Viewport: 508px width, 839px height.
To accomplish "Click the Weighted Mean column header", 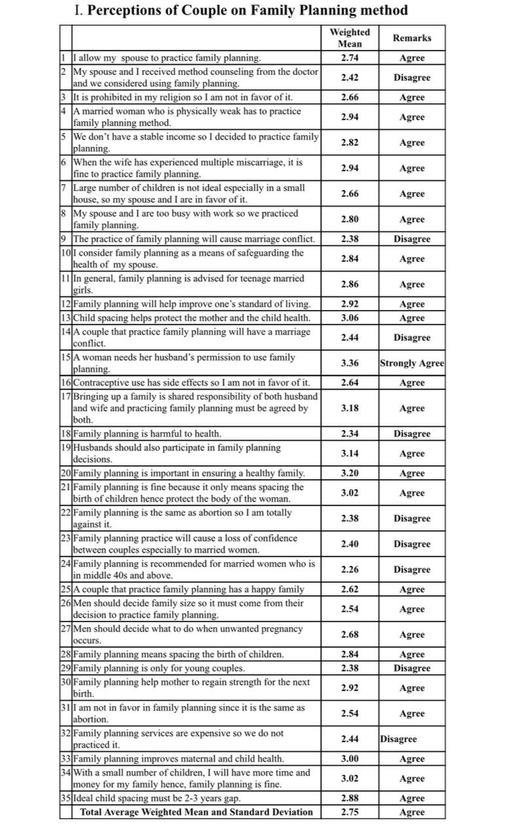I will click(350, 38).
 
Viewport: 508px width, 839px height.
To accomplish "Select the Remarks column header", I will click(412, 38).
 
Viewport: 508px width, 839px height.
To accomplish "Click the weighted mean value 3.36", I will click(350, 363).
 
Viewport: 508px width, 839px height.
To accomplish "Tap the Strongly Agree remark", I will click(412, 363).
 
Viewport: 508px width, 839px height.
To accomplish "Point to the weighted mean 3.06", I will click(350, 318).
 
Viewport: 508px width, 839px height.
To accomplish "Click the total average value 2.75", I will click(350, 812).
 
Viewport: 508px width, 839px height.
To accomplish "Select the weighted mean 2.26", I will click(350, 570).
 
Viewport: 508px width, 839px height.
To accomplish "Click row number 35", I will click(65, 798).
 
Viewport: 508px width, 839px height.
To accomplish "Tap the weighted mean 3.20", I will click(350, 473).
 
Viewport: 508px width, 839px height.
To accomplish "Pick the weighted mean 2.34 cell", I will click(350, 434).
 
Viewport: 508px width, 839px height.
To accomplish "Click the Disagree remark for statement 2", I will click(412, 77).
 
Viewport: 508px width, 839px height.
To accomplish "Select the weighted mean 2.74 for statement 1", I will click(350, 58).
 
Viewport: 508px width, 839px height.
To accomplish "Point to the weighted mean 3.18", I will click(350, 408).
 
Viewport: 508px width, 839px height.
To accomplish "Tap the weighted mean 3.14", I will click(350, 454).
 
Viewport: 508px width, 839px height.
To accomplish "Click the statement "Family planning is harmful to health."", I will click(147, 434).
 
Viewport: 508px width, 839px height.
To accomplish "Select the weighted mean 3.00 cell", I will click(350, 759).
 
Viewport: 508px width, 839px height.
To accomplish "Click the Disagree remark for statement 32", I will click(399, 739).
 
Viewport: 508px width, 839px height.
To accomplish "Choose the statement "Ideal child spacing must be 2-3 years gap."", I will click(156, 798).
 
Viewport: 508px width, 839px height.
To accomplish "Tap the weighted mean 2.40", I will click(350, 544).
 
